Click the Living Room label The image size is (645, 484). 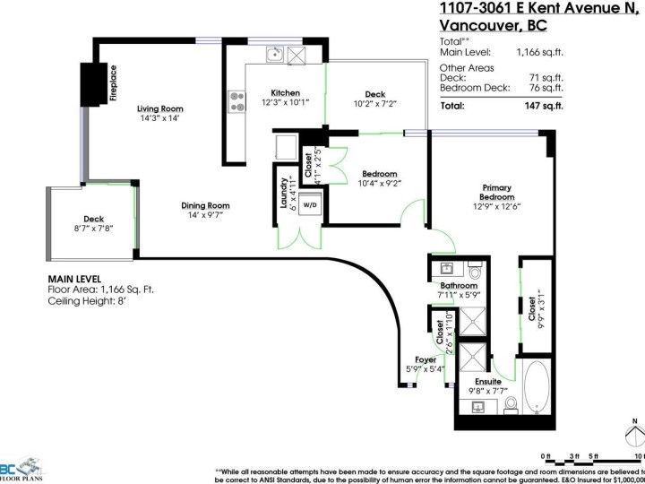click(x=160, y=108)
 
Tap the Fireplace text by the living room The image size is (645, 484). click(x=115, y=82)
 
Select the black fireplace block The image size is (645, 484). click(x=93, y=83)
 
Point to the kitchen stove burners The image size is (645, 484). click(x=238, y=101)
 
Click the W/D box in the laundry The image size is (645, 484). click(x=310, y=204)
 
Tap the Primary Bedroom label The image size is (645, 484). click(x=496, y=193)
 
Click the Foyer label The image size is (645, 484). click(x=426, y=359)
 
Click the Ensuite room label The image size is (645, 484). click(x=488, y=381)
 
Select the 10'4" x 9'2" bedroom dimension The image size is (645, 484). click(x=380, y=184)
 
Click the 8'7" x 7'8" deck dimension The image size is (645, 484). click(x=93, y=229)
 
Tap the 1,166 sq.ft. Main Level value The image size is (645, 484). click(x=540, y=52)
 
